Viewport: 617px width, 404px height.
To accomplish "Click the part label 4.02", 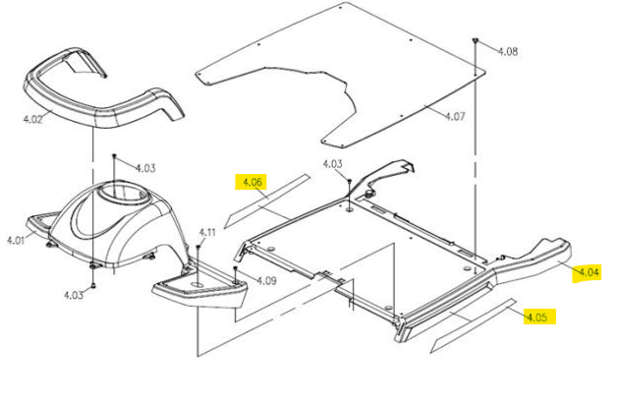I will (32, 120).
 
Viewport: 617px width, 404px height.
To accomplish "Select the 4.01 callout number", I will (16, 240).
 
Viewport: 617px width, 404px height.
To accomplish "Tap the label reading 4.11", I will (207, 233).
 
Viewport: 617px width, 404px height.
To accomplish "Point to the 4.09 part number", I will (265, 279).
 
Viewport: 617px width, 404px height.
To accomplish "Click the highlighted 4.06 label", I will (250, 182).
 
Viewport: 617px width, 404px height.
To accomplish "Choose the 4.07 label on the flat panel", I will (455, 116).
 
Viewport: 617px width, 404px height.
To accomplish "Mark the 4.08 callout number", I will (508, 51).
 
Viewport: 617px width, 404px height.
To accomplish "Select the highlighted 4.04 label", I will (588, 271).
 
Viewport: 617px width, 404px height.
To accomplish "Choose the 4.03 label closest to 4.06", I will (332, 164).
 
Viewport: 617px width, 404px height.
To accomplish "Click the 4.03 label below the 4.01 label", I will (74, 296).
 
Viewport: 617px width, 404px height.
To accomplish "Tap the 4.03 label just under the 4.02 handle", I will (145, 168).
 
